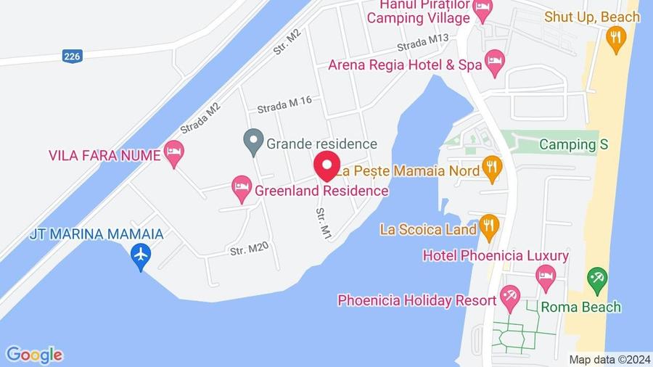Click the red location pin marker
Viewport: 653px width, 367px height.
(326, 165)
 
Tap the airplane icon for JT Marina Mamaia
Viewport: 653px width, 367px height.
(141, 255)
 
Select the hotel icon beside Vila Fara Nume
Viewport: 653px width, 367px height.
(173, 153)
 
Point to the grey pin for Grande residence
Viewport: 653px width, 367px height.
(252, 141)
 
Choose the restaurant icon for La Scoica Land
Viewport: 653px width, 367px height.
(488, 228)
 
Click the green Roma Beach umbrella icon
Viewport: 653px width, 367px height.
(597, 279)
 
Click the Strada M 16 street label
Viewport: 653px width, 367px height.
(284, 102)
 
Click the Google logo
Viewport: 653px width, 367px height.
(34, 355)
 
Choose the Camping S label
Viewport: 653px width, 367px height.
(573, 144)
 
